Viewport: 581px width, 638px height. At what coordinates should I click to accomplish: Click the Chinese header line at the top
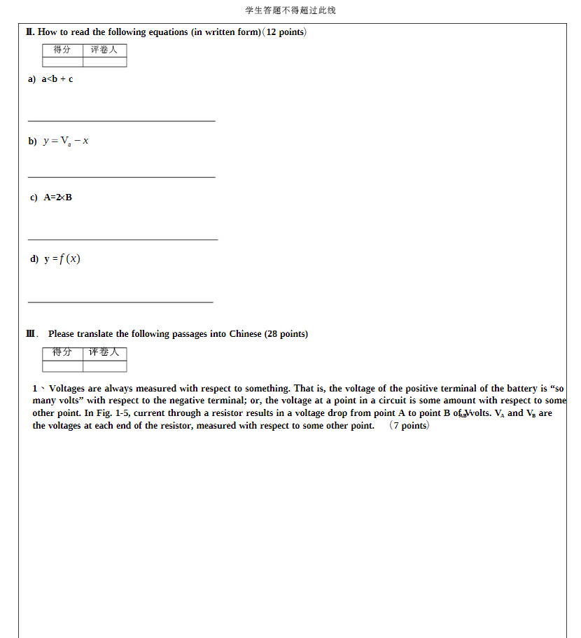pyautogui.click(x=290, y=10)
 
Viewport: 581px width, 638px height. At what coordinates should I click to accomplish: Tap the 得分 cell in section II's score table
pyautogui.click(x=62, y=50)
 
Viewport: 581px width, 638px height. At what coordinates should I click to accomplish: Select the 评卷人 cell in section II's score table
pyautogui.click(x=104, y=50)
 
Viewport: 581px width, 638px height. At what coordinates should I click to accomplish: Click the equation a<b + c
pyautogui.click(x=57, y=79)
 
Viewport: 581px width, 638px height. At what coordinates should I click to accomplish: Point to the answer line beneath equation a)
pyautogui.click(x=121, y=121)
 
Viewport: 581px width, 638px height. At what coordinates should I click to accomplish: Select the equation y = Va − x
pyautogui.click(x=65, y=141)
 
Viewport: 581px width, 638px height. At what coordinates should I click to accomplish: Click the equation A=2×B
pyautogui.click(x=58, y=197)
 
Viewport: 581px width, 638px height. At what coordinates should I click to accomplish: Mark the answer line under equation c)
pyautogui.click(x=122, y=240)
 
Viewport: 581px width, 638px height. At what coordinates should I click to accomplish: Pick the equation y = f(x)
pyautogui.click(x=62, y=259)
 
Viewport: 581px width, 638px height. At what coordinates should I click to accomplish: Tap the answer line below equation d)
pyautogui.click(x=120, y=303)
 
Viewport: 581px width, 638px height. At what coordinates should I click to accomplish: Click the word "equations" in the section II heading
pyautogui.click(x=169, y=32)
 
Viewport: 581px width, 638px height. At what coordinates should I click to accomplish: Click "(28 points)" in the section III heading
pyautogui.click(x=286, y=334)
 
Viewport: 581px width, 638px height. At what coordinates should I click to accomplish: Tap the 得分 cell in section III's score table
pyautogui.click(x=62, y=352)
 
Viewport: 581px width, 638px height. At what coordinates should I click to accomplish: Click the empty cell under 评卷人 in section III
pyautogui.click(x=104, y=366)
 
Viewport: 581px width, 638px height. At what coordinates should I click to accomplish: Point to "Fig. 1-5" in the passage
pyautogui.click(x=113, y=413)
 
